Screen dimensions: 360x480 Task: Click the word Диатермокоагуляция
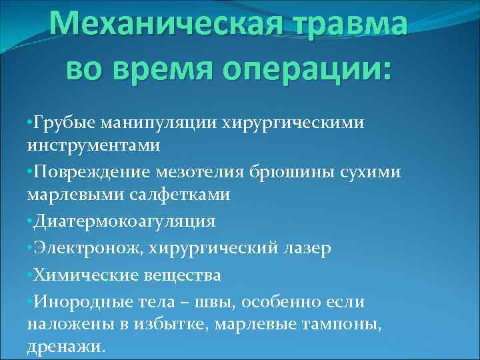coord(124,221)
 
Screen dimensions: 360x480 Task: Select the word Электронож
coord(87,247)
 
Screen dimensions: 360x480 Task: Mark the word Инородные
coord(79,301)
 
